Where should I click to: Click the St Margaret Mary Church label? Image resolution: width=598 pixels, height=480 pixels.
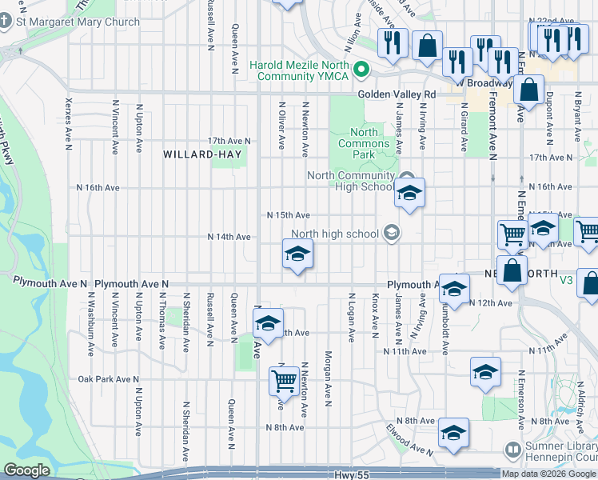click(x=78, y=22)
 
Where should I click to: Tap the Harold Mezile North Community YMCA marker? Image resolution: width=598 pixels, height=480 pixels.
click(x=361, y=70)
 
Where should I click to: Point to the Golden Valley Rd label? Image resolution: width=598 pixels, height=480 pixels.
click(x=397, y=94)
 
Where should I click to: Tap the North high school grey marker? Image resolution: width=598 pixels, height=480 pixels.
click(x=392, y=234)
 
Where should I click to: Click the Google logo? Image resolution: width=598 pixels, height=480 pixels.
click(x=26, y=470)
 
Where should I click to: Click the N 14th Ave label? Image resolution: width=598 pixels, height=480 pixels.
click(x=229, y=237)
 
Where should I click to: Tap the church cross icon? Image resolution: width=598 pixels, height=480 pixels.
click(x=6, y=22)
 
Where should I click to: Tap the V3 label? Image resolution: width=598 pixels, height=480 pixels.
click(x=567, y=280)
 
